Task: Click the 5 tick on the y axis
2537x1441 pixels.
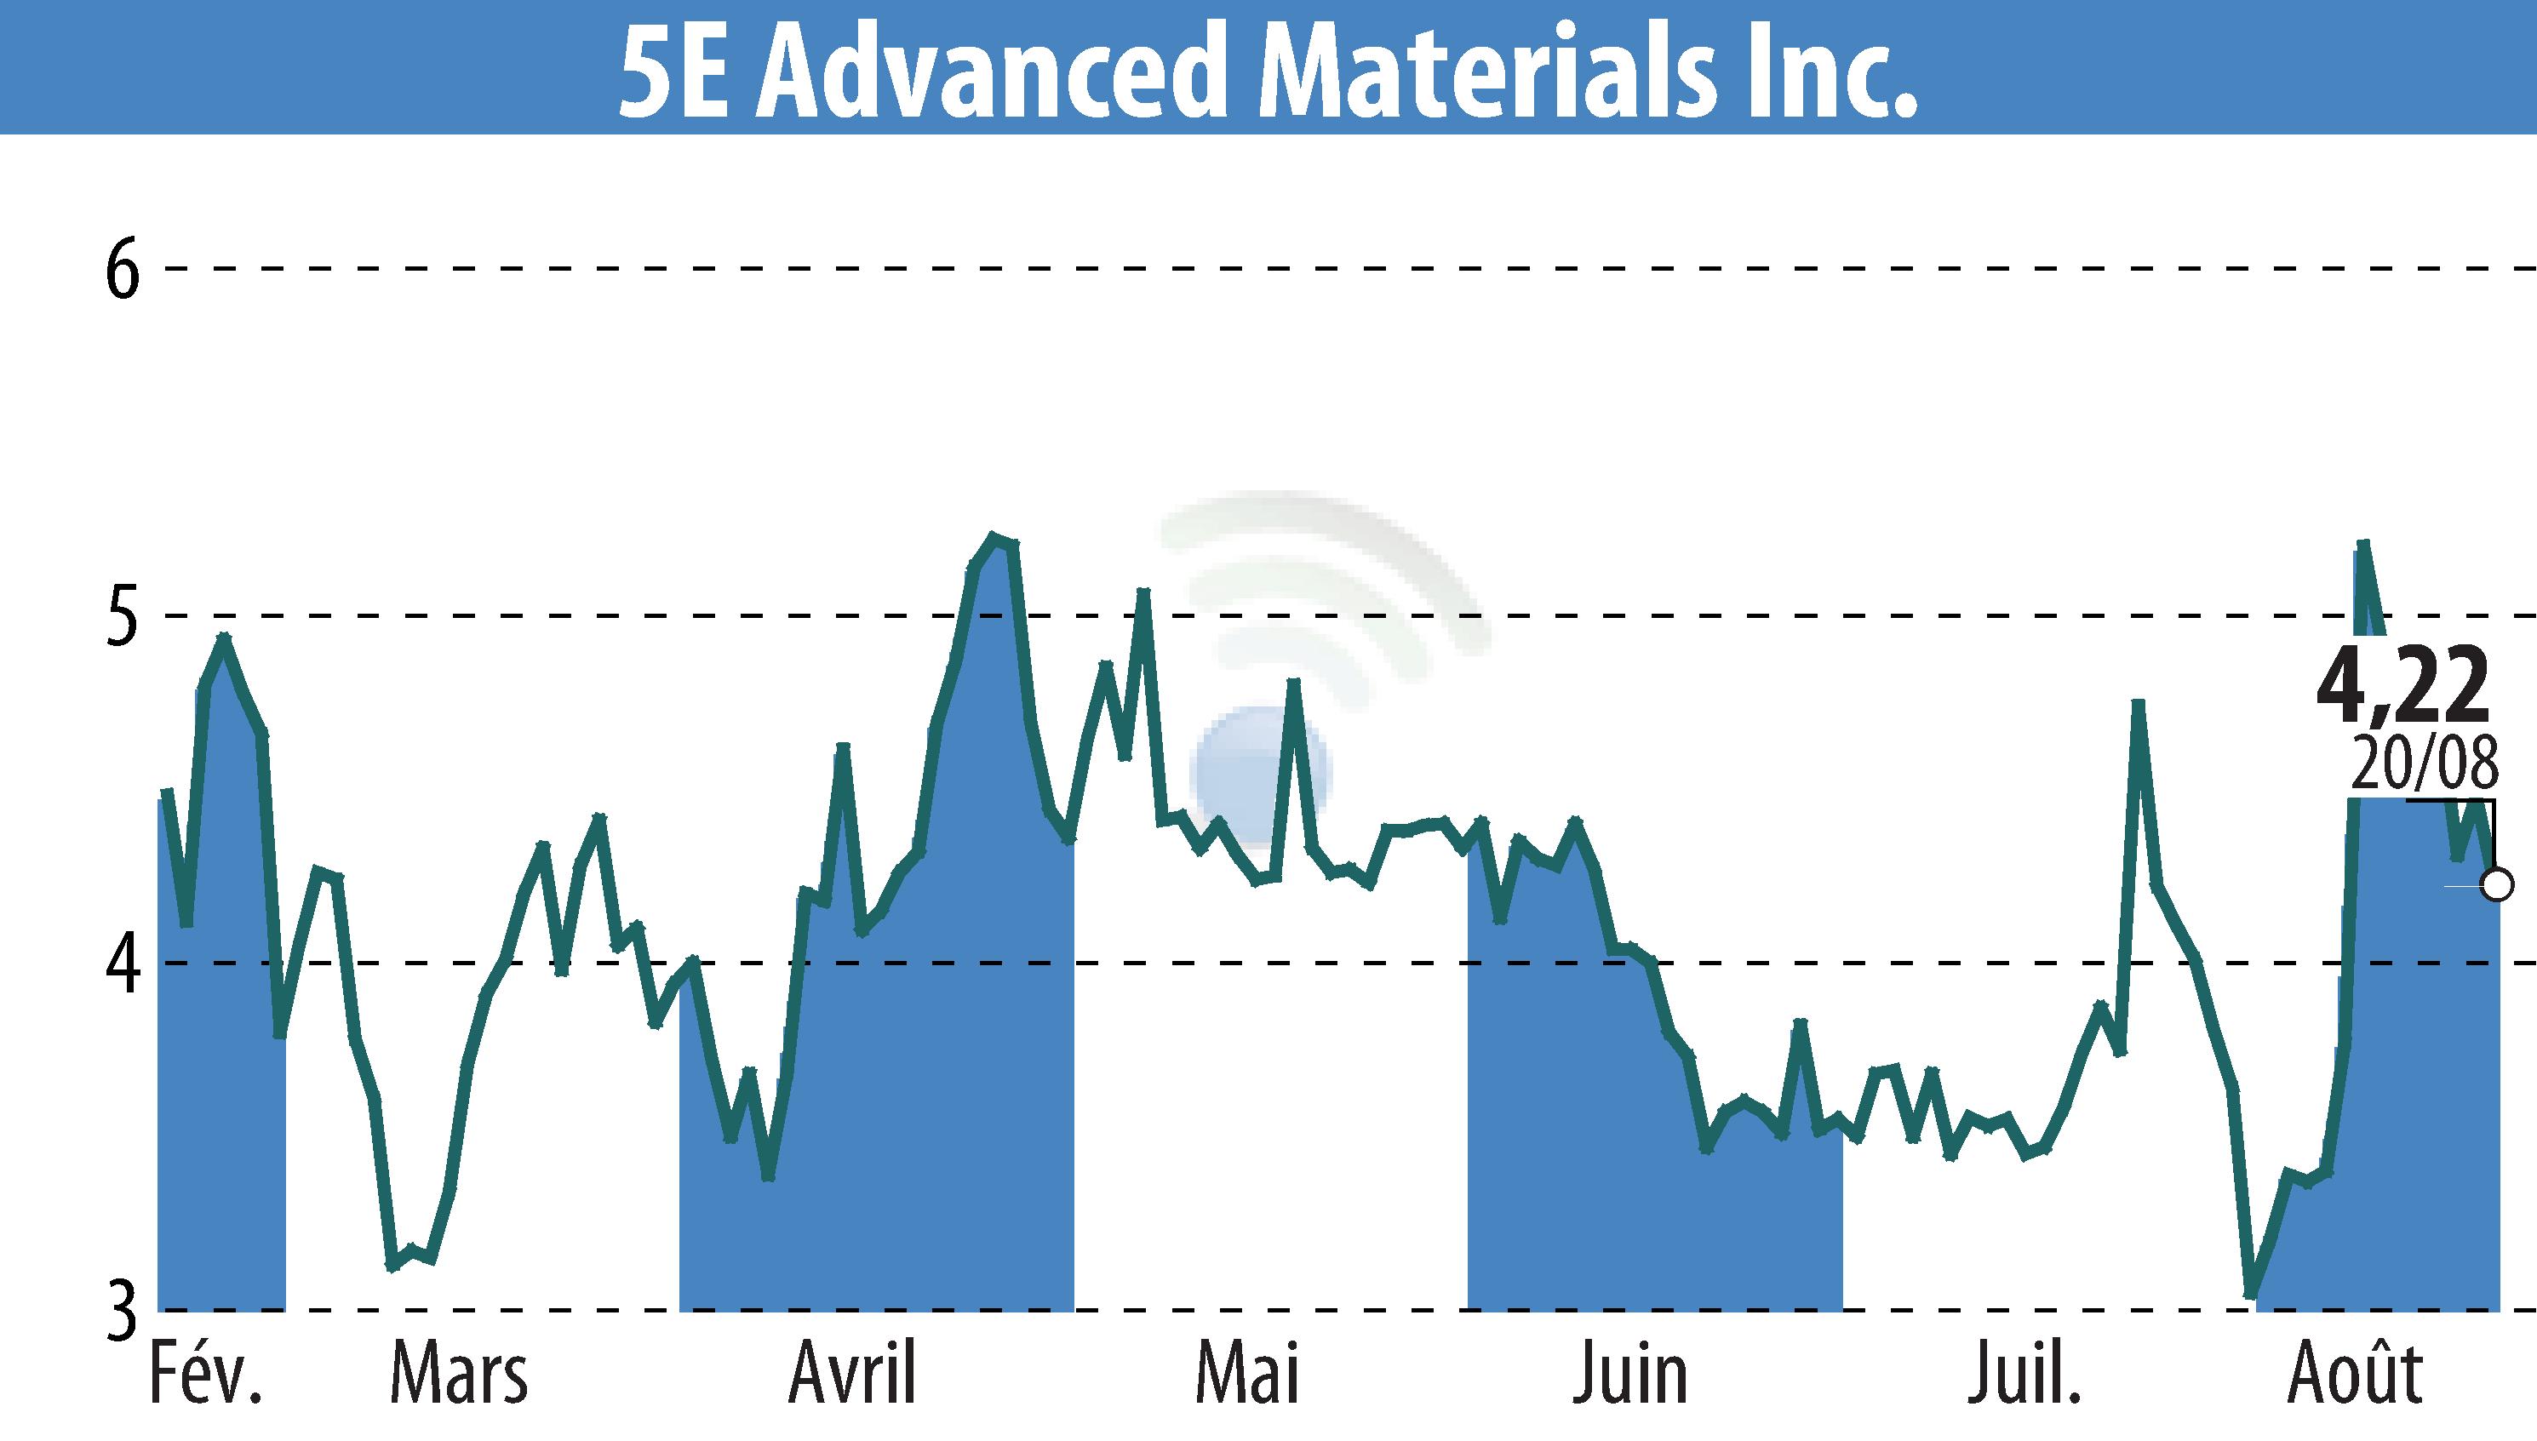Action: pyautogui.click(x=122, y=615)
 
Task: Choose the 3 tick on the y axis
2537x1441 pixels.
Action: pyautogui.click(x=122, y=1311)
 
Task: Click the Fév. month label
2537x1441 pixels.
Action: pyautogui.click(x=206, y=1374)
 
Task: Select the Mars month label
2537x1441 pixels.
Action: pyautogui.click(x=459, y=1374)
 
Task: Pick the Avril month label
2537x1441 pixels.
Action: pyautogui.click(x=853, y=1374)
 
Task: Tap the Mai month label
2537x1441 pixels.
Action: pyautogui.click(x=1247, y=1374)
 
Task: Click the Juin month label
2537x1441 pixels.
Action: pyautogui.click(x=1629, y=1374)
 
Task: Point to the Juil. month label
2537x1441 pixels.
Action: pyautogui.click(x=2024, y=1374)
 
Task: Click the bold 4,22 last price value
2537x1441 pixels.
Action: pyautogui.click(x=2402, y=686)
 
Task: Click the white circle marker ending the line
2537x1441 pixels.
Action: pyautogui.click(x=2497, y=883)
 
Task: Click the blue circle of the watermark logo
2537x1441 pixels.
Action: pyautogui.click(x=1262, y=772)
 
